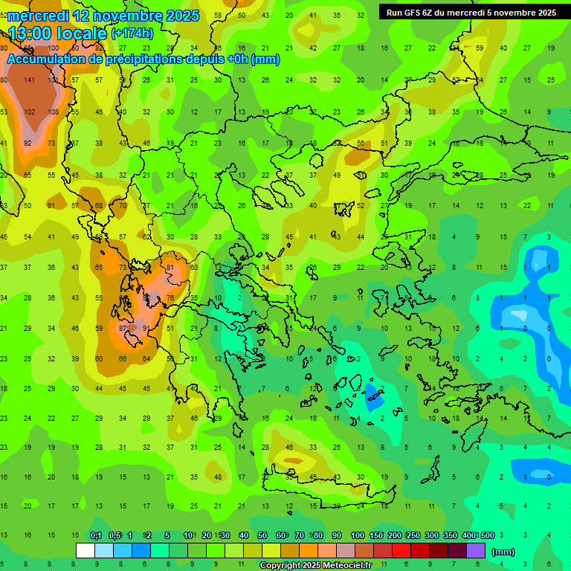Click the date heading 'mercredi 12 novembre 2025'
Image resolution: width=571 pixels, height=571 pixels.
click(x=103, y=16)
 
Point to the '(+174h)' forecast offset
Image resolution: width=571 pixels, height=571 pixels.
click(x=132, y=33)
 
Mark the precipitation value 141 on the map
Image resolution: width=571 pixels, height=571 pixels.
click(x=30, y=80)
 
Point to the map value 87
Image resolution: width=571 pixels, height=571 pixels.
click(x=123, y=328)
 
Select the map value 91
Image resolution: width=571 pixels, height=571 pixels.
click(x=146, y=328)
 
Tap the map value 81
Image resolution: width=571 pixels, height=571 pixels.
click(x=170, y=267)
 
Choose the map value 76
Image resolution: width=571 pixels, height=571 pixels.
click(x=170, y=298)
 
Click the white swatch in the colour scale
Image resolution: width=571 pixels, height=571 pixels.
click(x=86, y=551)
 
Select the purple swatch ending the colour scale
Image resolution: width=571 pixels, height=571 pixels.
click(x=476, y=551)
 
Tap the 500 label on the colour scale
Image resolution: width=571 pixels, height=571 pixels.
click(x=487, y=535)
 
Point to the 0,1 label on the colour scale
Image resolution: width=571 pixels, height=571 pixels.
click(x=96, y=535)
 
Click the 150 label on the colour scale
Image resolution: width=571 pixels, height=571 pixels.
click(x=375, y=535)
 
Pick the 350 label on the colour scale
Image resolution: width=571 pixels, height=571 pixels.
click(x=450, y=535)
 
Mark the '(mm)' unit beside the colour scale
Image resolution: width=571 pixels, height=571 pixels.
click(x=503, y=552)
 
